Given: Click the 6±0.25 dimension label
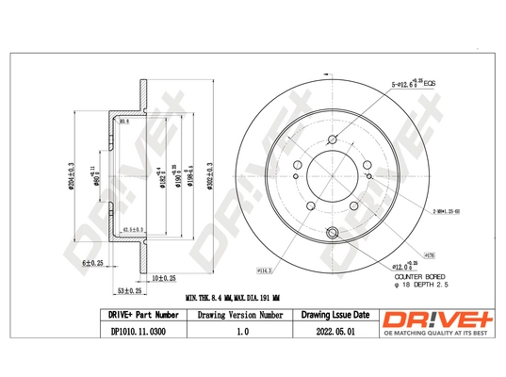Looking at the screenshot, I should click(x=92, y=263).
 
